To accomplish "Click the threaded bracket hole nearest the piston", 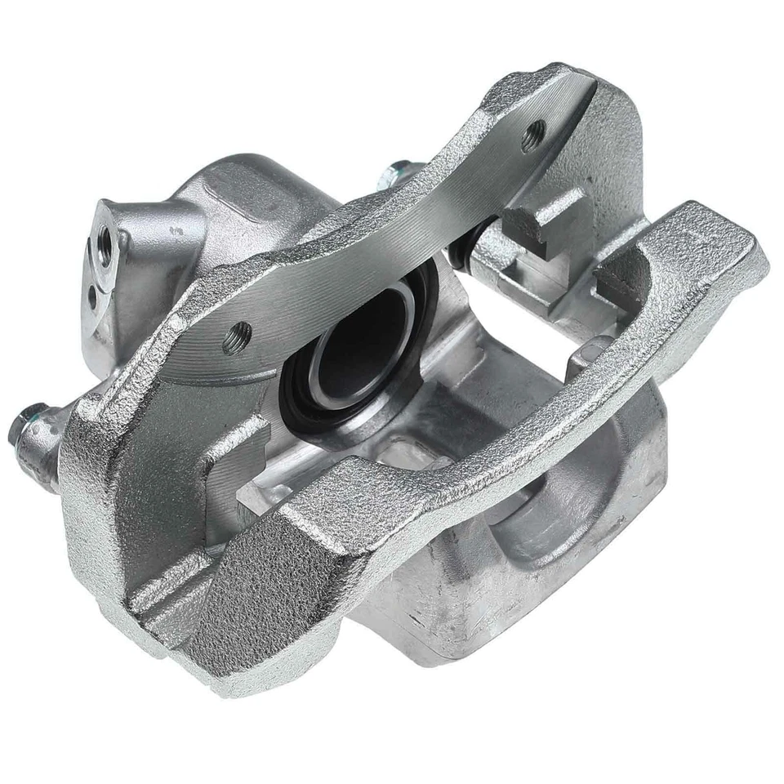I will pyautogui.click(x=239, y=336).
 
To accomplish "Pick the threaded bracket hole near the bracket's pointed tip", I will pyautogui.click(x=537, y=131).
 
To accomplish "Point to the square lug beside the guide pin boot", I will pyautogui.click(x=531, y=237).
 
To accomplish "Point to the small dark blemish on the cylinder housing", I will pyautogui.click(x=175, y=232).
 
